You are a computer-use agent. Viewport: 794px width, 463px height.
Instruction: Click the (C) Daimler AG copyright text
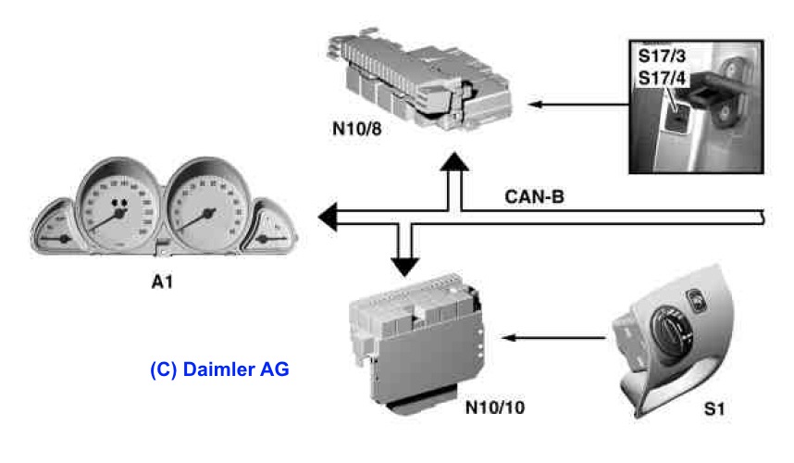(x=219, y=369)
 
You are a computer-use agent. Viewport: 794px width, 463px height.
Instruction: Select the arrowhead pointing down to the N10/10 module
(x=403, y=265)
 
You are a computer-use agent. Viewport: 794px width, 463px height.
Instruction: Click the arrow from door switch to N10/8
(x=574, y=105)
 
